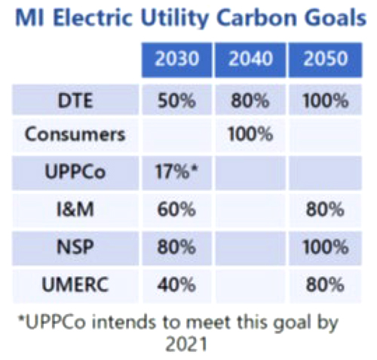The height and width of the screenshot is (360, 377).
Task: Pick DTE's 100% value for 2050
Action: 323,100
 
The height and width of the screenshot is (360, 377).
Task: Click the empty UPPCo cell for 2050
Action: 323,172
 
